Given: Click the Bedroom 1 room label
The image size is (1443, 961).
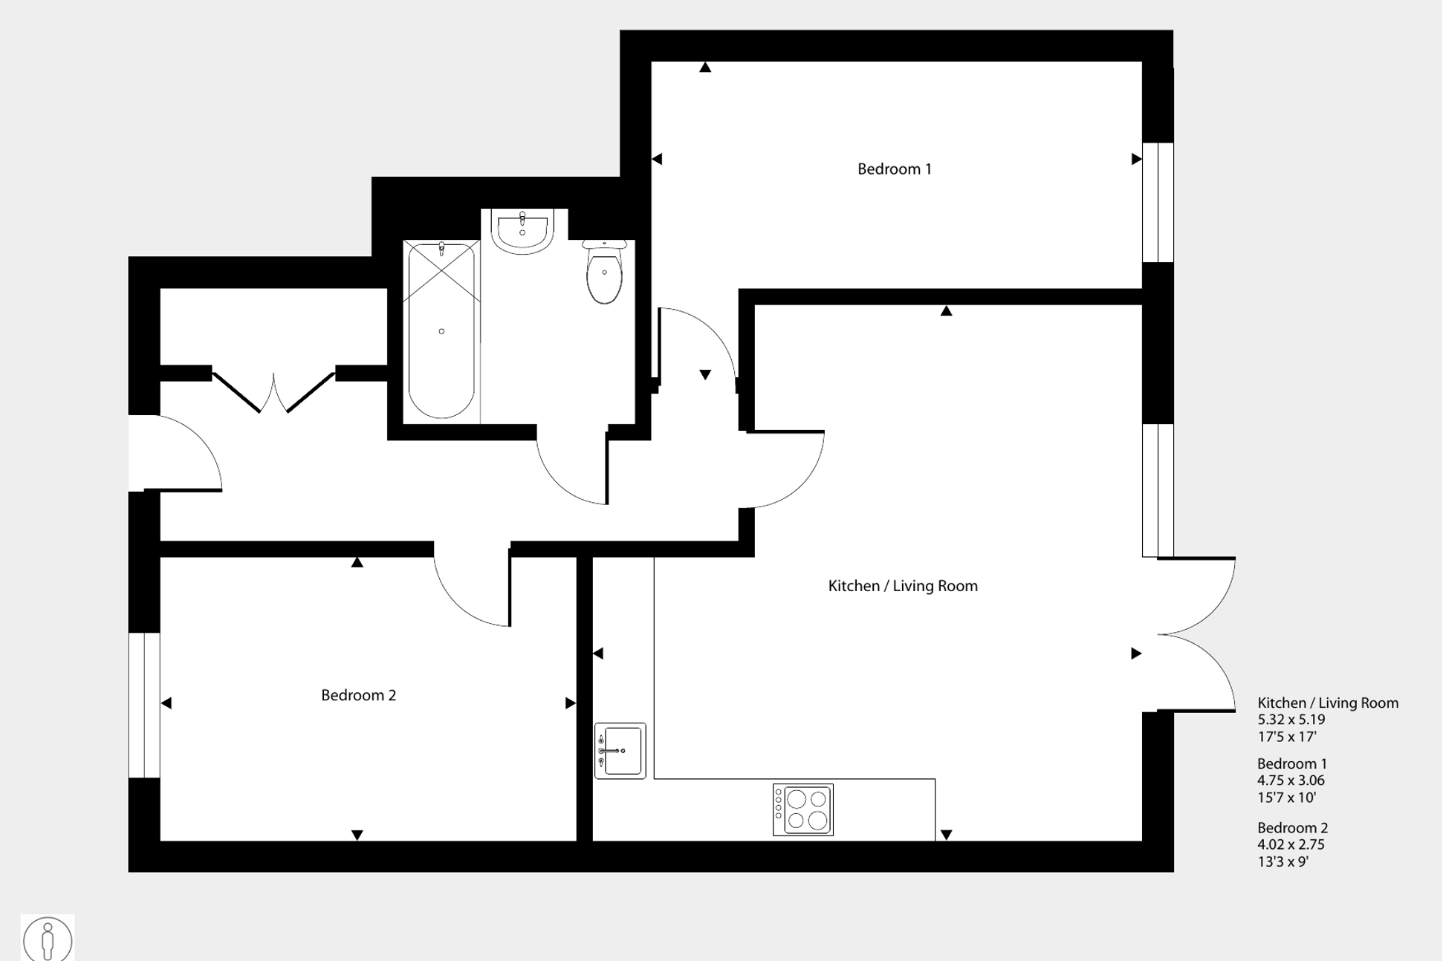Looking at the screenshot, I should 894,169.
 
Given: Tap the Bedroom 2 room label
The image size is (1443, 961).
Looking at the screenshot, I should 358,695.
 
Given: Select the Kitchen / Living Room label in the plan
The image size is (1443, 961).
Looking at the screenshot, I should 902,586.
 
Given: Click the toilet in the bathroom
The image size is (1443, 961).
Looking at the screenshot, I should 604,273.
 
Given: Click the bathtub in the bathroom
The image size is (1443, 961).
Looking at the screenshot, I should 441,330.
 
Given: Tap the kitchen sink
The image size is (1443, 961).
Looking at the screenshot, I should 620,750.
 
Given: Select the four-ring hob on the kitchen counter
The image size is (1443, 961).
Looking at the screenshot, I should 803,809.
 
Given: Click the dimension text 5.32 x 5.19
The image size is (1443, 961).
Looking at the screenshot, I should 1291,720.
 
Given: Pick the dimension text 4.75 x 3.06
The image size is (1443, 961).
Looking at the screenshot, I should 1291,781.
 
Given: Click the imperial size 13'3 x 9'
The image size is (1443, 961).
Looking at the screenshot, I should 1283,861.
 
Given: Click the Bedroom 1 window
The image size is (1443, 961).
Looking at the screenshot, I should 1158,202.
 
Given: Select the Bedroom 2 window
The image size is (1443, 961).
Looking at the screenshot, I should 144,705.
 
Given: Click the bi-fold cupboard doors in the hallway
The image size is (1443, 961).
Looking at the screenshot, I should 273,392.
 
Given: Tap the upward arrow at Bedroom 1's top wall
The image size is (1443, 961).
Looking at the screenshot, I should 705,68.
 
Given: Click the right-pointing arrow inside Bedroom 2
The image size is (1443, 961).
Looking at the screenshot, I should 570,703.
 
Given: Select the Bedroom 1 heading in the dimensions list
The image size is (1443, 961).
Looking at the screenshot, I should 1291,763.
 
